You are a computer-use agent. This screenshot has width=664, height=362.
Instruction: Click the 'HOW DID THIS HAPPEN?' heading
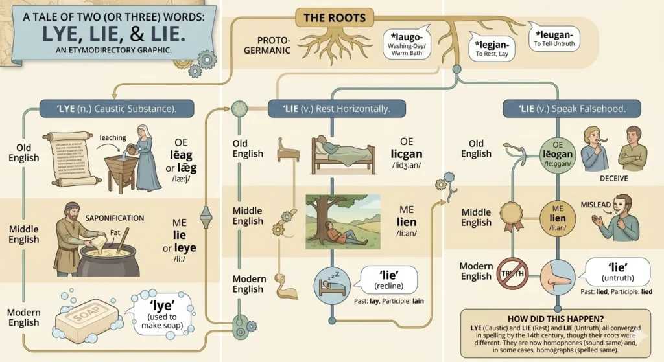556,318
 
